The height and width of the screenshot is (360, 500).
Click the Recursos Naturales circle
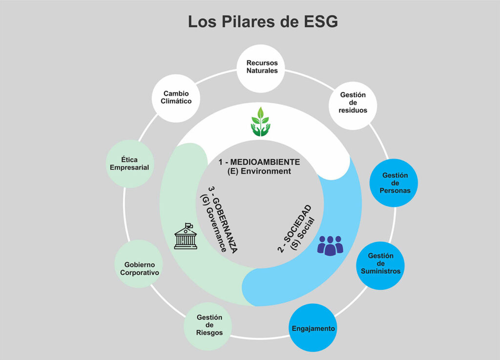(x=262, y=67)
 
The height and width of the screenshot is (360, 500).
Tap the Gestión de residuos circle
(x=354, y=102)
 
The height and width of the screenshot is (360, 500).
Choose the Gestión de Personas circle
(x=396, y=183)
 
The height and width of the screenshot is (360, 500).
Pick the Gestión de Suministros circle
(x=384, y=263)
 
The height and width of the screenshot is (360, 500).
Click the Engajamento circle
(x=313, y=328)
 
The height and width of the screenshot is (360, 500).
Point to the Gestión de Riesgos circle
(x=209, y=325)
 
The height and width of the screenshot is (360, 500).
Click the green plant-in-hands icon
(x=260, y=121)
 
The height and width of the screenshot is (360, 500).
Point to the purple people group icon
(x=330, y=245)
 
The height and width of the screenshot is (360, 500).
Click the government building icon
(x=186, y=237)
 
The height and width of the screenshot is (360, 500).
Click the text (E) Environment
(x=259, y=171)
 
